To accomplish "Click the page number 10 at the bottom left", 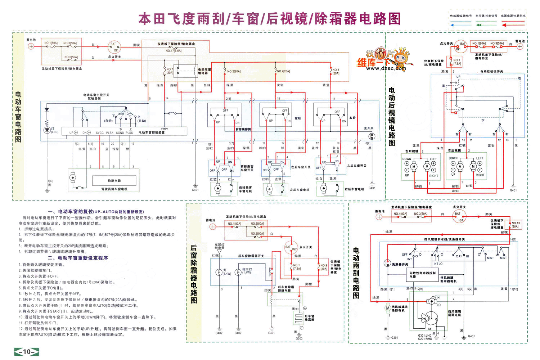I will point(26,352).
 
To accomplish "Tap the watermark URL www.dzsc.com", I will point(386,68).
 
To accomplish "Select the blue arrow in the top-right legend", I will point(460,25).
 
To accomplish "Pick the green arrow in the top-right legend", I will point(486,25).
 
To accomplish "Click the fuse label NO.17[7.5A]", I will point(174,51).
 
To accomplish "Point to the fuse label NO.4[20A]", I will point(283,71).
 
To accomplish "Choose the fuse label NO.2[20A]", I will point(234,71).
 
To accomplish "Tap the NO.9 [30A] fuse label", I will point(324,267).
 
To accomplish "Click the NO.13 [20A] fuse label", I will point(516,225).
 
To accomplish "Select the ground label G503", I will point(299,338).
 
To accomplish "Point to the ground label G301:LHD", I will point(425,336).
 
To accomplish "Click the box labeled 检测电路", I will point(114,181).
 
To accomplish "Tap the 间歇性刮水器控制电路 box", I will point(422,275).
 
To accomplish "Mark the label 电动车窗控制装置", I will point(152,132).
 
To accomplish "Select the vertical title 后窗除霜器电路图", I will point(194,274).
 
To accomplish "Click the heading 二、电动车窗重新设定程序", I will point(78,258).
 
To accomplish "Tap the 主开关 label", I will point(369,128).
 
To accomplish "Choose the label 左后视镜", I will point(412,151).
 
